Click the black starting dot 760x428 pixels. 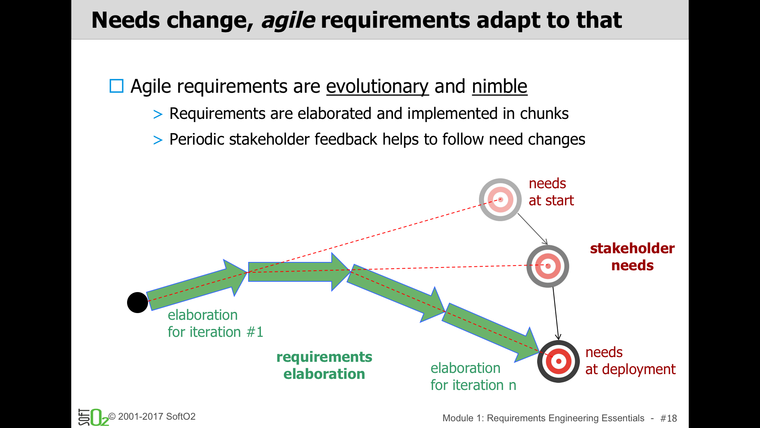(137, 303)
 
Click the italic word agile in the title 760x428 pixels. (288, 21)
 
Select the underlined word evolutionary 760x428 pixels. (377, 86)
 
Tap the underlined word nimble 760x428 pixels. (500, 86)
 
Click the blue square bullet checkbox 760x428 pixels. (116, 86)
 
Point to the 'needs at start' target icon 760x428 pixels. (500, 200)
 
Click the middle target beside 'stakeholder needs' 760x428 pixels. (548, 266)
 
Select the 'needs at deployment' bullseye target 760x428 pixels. (559, 361)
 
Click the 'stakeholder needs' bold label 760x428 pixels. (632, 257)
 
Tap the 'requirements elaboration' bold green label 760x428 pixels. (324, 365)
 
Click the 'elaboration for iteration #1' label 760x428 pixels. (215, 323)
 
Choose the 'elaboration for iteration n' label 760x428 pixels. (473, 376)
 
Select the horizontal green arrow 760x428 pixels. (299, 272)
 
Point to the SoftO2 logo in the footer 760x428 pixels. (93, 417)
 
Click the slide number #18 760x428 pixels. (669, 418)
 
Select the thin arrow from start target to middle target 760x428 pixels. (533, 229)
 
